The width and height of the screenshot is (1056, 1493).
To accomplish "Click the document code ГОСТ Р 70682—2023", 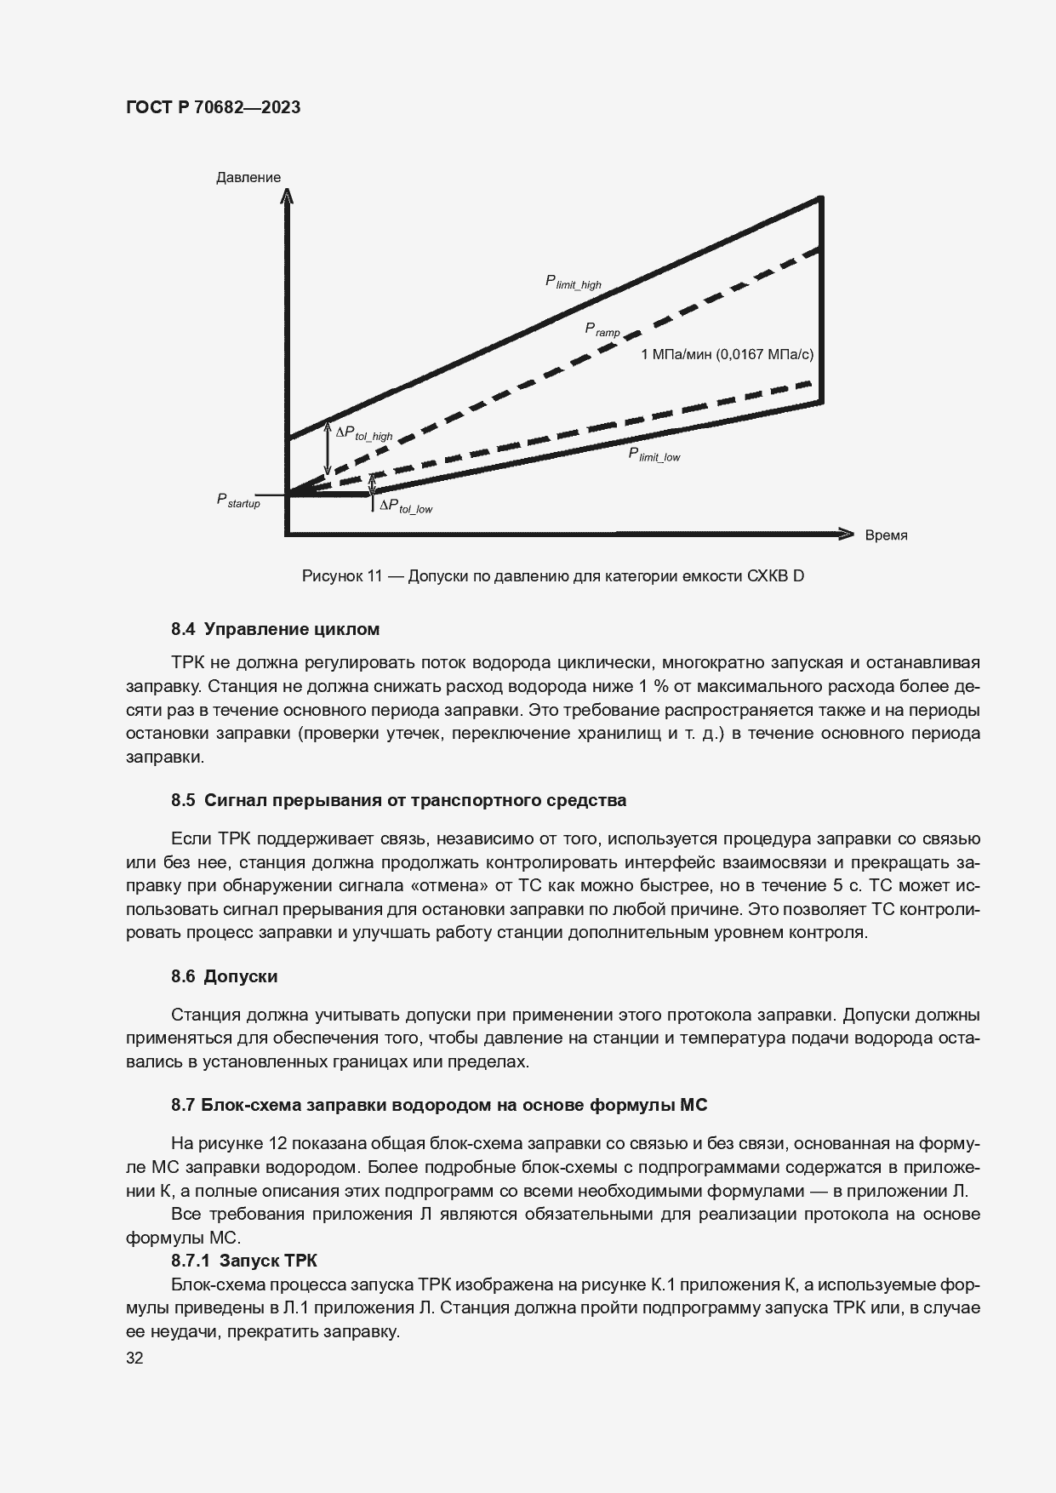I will [x=213, y=107].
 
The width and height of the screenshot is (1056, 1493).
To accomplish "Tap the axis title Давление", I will [x=248, y=178].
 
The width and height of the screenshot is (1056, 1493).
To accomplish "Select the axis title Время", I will [x=886, y=535].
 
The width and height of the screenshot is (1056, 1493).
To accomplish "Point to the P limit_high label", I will [x=573, y=282].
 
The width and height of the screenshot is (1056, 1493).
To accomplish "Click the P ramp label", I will [x=602, y=329].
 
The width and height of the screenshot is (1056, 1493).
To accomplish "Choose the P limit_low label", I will [x=654, y=455].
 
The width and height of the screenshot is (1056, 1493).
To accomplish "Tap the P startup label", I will [x=237, y=501].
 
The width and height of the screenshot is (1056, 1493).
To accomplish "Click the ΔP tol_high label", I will [x=363, y=433].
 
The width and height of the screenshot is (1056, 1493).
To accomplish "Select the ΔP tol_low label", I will [x=406, y=506].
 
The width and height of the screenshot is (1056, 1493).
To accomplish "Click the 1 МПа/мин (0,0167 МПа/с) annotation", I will [x=727, y=354].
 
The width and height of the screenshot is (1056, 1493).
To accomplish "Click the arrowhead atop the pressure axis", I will [x=287, y=197].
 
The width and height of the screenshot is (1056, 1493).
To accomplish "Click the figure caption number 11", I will [x=374, y=576].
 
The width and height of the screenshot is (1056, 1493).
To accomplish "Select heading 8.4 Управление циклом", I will [x=275, y=629].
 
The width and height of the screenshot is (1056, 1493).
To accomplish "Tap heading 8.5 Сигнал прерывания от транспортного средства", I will [x=398, y=800].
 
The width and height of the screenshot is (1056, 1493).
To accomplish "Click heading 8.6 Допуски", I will [x=224, y=976].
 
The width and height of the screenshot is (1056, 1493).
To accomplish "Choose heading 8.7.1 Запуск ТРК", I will [x=243, y=1261].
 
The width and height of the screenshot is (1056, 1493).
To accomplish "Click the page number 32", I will [x=134, y=1358].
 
